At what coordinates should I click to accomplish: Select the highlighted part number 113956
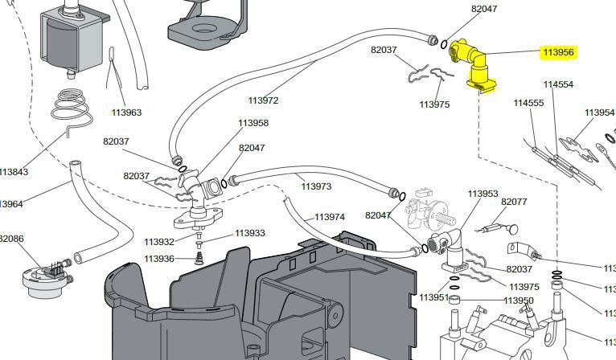558,52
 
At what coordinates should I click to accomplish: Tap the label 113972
263,100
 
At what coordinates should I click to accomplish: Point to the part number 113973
316,186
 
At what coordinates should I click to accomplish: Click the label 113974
329,217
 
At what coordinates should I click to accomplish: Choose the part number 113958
253,123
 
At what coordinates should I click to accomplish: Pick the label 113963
126,112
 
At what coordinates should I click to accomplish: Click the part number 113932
159,242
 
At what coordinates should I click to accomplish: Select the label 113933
250,233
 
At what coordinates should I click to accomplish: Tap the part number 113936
159,259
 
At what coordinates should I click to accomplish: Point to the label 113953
483,194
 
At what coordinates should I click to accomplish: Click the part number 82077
514,202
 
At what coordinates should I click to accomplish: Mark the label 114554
558,84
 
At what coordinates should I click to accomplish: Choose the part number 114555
528,103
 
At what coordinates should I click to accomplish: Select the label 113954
599,112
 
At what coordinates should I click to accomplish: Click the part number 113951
433,297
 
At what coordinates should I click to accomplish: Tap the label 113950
518,301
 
